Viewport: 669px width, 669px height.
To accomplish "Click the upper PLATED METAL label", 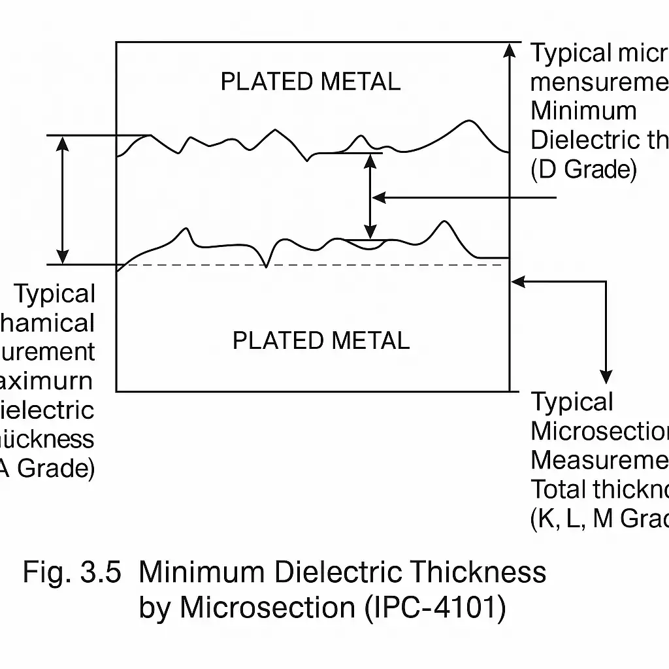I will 310,82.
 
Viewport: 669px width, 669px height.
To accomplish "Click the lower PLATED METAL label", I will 321,340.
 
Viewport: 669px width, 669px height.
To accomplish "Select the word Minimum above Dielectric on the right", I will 583,111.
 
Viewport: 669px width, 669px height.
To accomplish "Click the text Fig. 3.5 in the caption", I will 72,572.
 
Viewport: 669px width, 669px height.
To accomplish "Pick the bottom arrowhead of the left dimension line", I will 63,256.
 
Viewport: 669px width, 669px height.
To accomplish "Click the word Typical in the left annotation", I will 55,294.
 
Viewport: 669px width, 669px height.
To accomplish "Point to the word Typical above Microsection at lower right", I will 572,402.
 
